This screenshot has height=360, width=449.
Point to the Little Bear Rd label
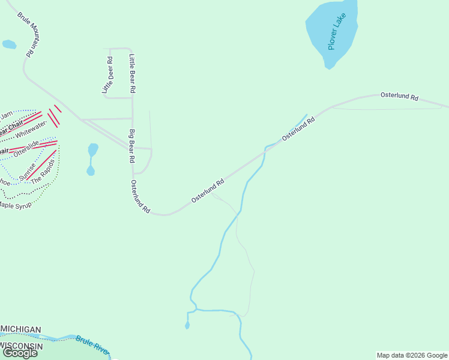[x=133, y=73]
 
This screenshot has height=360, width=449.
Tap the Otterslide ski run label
[x=26, y=148]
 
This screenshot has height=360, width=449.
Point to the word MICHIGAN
[x=21, y=329]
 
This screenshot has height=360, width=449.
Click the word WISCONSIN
[x=22, y=346]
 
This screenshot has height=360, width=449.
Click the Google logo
[x=19, y=353]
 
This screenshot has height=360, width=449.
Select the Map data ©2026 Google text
[x=412, y=355]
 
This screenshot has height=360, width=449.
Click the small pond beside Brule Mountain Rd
[x=9, y=44]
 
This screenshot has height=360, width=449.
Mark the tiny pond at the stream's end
[x=187, y=326]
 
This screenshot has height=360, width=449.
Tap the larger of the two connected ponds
[x=93, y=149]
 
